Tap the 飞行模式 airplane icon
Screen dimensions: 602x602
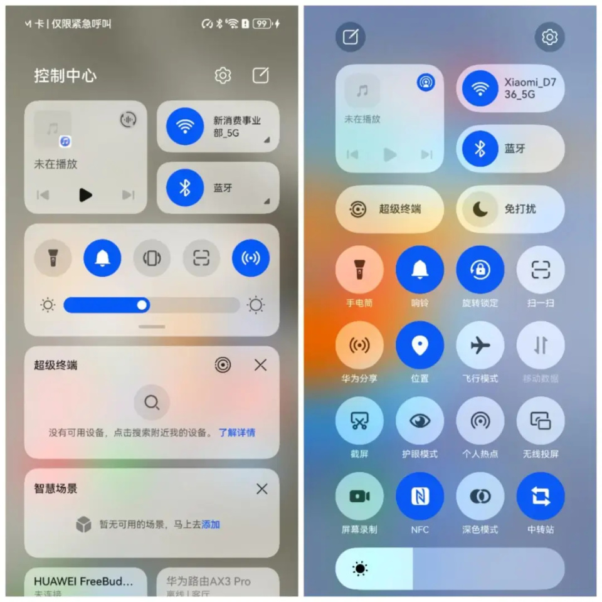[x=480, y=346]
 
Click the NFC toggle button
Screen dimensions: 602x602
[x=420, y=496]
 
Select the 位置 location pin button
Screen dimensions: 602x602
[x=420, y=346]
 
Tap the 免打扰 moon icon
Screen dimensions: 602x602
[x=480, y=209]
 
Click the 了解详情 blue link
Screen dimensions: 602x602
[x=236, y=433]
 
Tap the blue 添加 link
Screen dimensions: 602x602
[x=211, y=524]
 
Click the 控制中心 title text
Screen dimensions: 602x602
[x=65, y=76]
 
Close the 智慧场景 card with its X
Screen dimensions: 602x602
[x=261, y=488]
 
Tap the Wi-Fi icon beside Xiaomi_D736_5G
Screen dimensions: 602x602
[x=480, y=88]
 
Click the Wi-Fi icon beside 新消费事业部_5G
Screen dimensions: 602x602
[x=185, y=126]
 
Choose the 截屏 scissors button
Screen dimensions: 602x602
[x=359, y=421]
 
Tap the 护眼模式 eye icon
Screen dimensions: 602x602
[x=420, y=421]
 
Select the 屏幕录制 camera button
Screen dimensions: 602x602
[x=359, y=496]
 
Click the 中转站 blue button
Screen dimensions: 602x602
[x=540, y=496]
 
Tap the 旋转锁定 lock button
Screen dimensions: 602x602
[x=480, y=270]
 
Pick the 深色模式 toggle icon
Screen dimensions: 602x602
[x=480, y=496]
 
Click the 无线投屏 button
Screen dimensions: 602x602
[x=540, y=421]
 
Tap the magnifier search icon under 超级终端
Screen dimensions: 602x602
[x=152, y=402]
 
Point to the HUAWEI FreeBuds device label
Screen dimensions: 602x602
[x=83, y=581]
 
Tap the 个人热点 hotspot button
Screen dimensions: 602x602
[x=480, y=421]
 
